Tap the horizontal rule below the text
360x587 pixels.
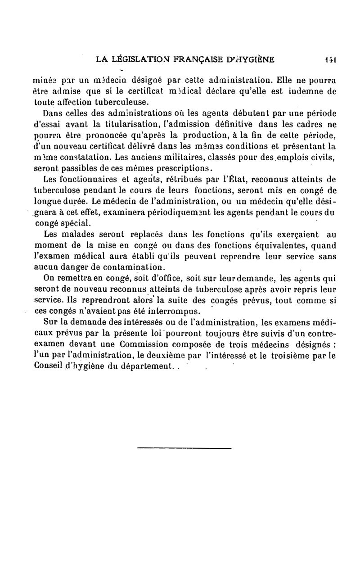coord(184,448)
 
